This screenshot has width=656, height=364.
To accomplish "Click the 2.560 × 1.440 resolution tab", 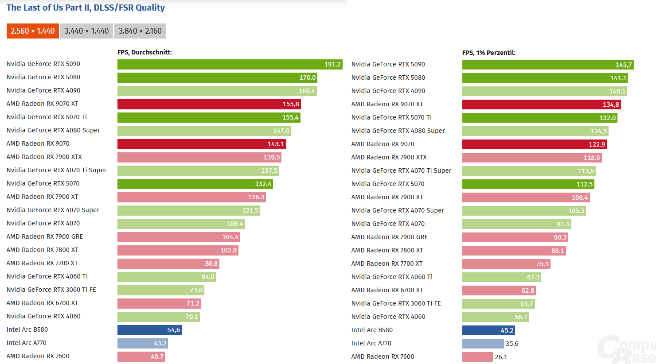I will [x=33, y=31].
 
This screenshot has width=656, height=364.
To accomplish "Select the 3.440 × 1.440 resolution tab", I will [x=86, y=31].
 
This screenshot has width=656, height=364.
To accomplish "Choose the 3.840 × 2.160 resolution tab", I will [x=140, y=31].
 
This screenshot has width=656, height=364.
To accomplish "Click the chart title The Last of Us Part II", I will [x=86, y=8].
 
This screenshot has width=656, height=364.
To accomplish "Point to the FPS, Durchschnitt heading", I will [x=144, y=52].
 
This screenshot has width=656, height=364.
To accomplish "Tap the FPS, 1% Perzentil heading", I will [x=488, y=53].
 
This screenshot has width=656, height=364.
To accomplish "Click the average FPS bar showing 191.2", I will [x=230, y=64].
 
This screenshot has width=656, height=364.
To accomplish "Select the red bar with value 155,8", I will [x=209, y=104].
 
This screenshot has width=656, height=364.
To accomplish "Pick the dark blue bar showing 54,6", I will [x=149, y=330].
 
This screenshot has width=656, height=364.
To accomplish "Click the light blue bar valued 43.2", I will [x=142, y=343].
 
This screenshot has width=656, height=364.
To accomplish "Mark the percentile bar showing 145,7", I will [x=548, y=65].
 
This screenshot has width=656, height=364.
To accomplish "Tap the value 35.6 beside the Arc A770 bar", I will [x=512, y=344].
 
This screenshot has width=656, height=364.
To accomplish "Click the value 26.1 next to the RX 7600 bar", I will [x=501, y=357].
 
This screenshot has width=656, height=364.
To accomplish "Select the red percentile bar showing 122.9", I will [x=534, y=144].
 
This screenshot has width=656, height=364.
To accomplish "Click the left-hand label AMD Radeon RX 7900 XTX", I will [x=44, y=157].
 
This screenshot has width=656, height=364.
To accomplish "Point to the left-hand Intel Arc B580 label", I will [x=27, y=329].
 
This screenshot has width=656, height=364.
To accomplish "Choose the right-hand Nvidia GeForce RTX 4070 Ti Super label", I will [x=401, y=170].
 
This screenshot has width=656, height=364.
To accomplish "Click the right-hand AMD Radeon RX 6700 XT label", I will [x=387, y=290].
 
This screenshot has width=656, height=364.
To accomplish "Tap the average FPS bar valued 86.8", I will [x=168, y=263].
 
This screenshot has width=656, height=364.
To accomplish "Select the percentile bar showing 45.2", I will [x=488, y=330].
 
